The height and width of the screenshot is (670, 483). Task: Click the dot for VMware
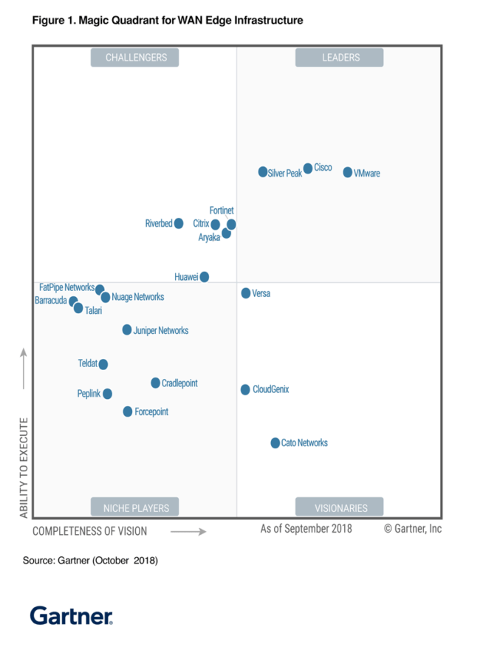click(x=348, y=172)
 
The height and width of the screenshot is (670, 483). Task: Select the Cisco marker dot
click(x=308, y=168)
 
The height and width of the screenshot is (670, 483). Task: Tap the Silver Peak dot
click(x=263, y=172)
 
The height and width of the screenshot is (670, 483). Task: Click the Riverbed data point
click(x=179, y=223)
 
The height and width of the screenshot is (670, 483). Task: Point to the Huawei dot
click(x=205, y=277)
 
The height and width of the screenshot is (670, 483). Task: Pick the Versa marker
click(x=246, y=293)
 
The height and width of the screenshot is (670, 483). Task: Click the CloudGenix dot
click(x=245, y=389)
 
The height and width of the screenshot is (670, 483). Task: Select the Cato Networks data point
click(x=275, y=443)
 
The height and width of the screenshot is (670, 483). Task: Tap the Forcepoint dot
click(x=128, y=411)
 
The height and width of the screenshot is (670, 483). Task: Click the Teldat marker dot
click(x=103, y=364)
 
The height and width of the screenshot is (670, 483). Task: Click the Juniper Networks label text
click(x=161, y=331)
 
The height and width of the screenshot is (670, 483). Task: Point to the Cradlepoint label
click(x=179, y=383)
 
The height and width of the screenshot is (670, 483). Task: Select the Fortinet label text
click(x=222, y=211)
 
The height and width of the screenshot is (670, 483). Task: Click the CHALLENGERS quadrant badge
click(x=135, y=58)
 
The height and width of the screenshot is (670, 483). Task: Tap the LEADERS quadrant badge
click(x=340, y=58)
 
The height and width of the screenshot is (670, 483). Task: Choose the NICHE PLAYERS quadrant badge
click(x=135, y=507)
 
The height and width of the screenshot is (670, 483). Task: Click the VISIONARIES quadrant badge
click(x=340, y=507)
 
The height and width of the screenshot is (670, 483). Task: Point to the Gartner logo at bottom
click(x=71, y=615)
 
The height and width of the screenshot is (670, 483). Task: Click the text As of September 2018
click(x=306, y=529)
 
